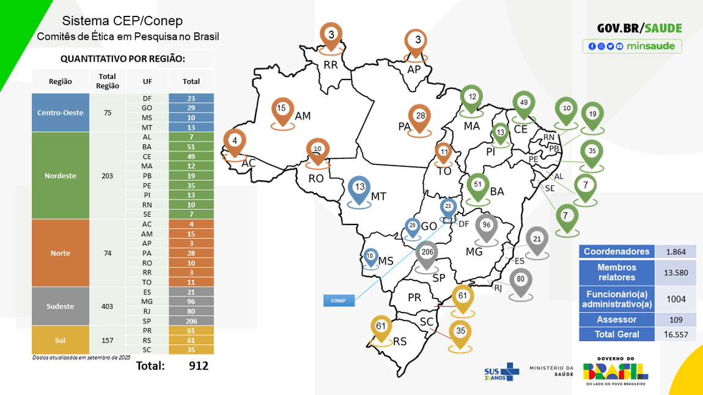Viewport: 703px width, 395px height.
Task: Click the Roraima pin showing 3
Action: [x=331, y=36]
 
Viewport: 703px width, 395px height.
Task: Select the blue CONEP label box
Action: [x=338, y=300]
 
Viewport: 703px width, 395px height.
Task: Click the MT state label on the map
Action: [x=379, y=196]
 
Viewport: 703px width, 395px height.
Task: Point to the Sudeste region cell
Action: [x=61, y=306]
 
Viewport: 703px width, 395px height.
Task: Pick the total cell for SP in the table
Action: [x=191, y=321]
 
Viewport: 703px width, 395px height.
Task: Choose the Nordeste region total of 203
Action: [x=108, y=175]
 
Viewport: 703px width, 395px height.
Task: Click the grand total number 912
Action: [x=198, y=366]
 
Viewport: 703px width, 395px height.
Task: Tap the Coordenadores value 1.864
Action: [x=675, y=251]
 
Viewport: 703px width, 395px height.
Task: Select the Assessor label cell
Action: [x=617, y=319]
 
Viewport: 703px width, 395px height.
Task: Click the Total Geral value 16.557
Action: [x=675, y=334]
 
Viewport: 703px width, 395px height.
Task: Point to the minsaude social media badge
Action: [x=632, y=46]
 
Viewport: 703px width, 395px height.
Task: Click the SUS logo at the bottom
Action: [x=501, y=371]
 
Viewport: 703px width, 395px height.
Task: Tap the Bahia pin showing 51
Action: [x=477, y=185]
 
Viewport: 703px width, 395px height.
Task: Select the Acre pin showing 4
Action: [x=234, y=141]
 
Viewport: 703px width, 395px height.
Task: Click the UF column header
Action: [x=147, y=81]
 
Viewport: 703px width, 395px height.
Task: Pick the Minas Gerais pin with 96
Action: [x=487, y=226]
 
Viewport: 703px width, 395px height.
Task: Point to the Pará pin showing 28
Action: [x=420, y=117]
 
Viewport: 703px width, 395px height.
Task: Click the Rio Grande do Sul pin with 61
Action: [x=381, y=327]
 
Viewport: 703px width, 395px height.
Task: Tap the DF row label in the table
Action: [x=147, y=98]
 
